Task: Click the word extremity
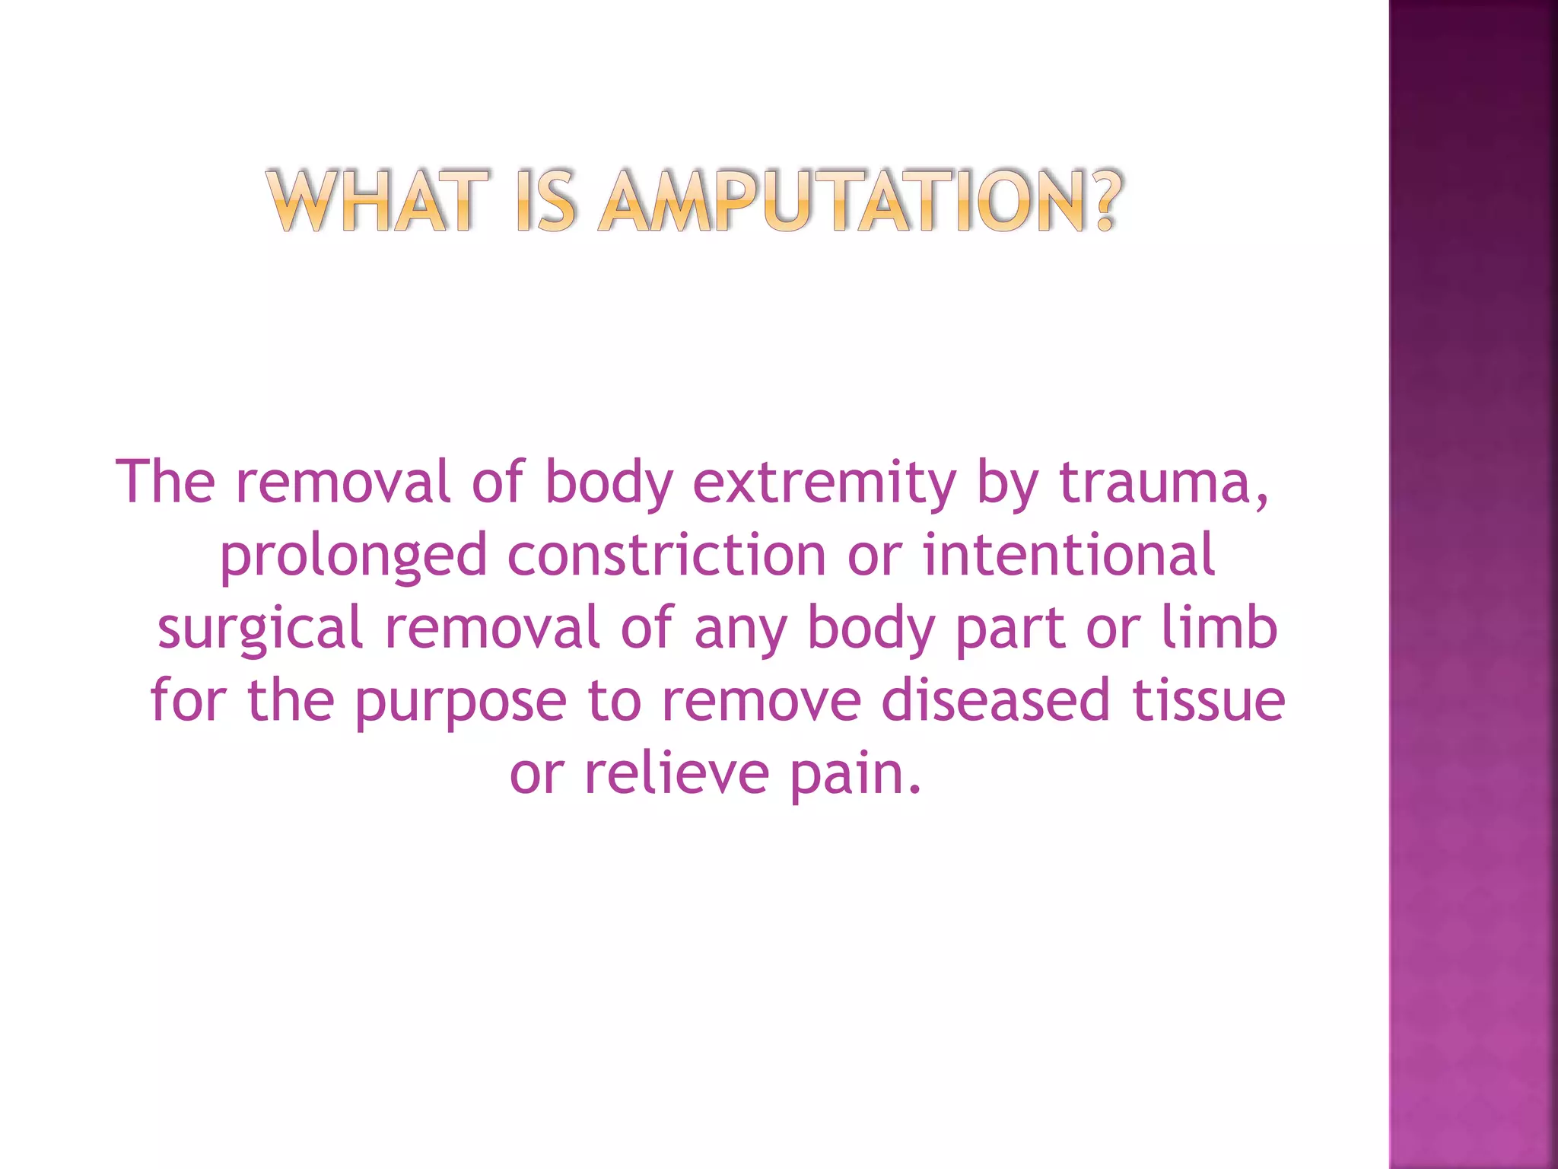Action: (x=824, y=483)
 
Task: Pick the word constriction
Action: (x=666, y=555)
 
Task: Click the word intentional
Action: (x=1069, y=555)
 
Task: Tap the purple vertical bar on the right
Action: (x=1473, y=584)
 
